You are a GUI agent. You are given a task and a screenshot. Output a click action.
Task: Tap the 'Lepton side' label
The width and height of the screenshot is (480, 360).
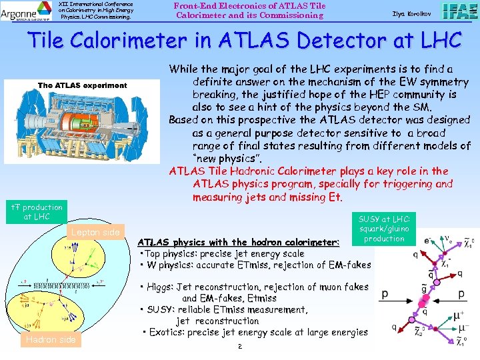coord(97,232)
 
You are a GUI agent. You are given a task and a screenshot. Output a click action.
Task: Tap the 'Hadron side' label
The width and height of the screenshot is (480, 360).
coord(51,340)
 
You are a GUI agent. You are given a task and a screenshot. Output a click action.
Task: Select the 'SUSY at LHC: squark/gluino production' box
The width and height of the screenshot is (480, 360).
coord(384,229)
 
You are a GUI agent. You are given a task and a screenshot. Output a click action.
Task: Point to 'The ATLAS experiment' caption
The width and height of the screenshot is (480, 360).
coord(82,85)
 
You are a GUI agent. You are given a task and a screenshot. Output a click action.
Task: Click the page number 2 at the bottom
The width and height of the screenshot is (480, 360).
coord(239,347)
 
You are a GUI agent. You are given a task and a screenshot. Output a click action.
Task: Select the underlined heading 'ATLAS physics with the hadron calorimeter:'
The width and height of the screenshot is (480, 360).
coord(238,242)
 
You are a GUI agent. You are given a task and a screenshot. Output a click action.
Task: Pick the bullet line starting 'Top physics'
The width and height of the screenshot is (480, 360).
coord(222,253)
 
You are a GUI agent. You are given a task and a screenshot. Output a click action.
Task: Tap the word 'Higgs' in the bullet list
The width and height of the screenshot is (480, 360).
coord(160,287)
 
